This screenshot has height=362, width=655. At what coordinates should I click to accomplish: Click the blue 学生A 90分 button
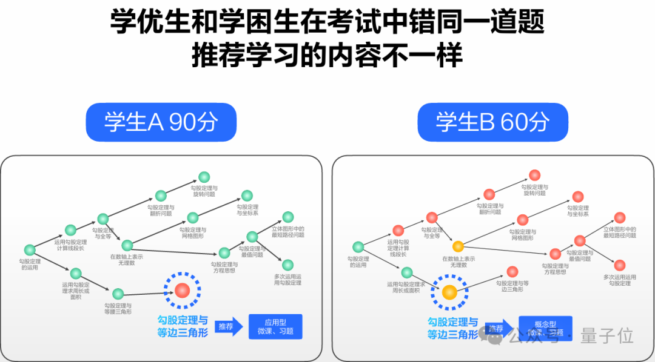[161, 122]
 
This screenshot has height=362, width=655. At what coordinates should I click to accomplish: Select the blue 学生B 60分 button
[492, 122]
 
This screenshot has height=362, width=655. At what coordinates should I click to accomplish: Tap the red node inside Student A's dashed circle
[183, 291]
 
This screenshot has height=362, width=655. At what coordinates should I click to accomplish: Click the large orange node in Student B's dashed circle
[449, 292]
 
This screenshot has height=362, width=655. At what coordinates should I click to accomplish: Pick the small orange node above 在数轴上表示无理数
[458, 246]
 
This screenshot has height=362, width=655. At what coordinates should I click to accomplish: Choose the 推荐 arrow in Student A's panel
[227, 327]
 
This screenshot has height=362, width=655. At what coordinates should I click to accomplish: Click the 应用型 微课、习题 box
[275, 327]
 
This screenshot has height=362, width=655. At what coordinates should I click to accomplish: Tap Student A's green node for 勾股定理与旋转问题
[204, 177]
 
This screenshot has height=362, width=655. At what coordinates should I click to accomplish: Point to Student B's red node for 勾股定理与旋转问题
[534, 175]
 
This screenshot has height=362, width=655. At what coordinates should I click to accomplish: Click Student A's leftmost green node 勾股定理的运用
[29, 249]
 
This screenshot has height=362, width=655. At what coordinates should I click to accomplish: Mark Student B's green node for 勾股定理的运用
[358, 247]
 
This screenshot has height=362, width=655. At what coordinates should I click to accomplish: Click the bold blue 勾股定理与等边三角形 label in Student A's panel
[182, 327]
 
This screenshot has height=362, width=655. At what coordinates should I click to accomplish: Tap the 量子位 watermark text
[606, 335]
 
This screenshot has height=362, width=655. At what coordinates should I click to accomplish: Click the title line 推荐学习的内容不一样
[327, 56]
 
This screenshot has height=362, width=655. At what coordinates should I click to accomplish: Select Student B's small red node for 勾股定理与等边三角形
[512, 272]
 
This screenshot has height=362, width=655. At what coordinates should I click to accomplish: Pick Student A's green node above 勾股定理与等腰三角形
[118, 294]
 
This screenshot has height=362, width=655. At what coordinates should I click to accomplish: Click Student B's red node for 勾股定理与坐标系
[578, 197]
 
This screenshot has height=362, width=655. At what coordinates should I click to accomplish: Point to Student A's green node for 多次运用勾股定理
[287, 265]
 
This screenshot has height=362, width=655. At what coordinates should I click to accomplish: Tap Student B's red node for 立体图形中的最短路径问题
[619, 217]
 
